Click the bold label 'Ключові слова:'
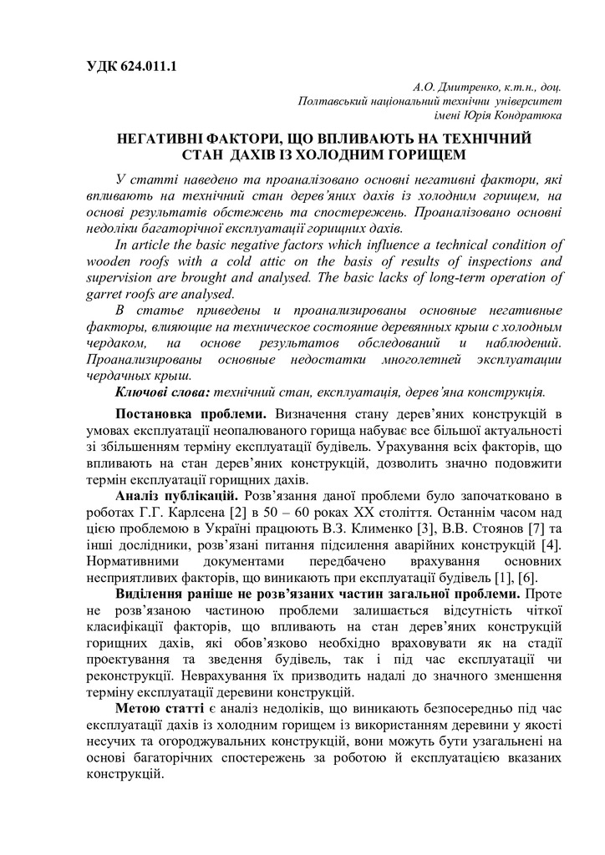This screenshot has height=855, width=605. click(x=163, y=391)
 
